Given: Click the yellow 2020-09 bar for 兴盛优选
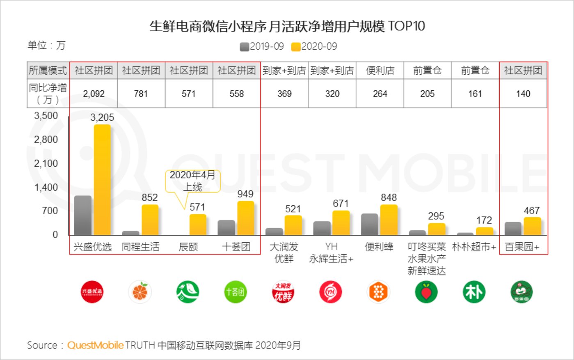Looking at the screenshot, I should point(102,180).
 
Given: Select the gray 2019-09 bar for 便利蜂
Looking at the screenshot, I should point(369,224).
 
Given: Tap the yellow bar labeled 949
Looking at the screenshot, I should point(246,218).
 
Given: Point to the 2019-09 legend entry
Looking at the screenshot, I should point(262,46).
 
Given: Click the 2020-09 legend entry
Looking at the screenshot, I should point(314,46).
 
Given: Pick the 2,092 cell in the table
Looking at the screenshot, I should point(94,94).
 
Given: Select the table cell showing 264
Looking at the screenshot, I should point(380,94).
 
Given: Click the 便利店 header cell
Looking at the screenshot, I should point(380,71).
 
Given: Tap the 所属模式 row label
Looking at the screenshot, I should point(48,71).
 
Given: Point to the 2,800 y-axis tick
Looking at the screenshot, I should point(46,140).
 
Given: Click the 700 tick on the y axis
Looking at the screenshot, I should point(50,211).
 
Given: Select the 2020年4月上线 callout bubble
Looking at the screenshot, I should point(192,181).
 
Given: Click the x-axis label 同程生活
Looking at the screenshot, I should point(140,247).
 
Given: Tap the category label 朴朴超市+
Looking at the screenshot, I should point(474,247).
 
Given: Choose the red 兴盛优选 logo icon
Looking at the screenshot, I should point(92,292).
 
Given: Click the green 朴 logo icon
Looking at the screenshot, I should point(474,292).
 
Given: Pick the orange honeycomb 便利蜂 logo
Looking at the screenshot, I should point(378,292).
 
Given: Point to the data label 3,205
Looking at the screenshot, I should point(102,118).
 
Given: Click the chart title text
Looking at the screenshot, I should point(287,26).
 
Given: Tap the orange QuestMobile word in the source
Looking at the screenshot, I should point(95,345).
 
